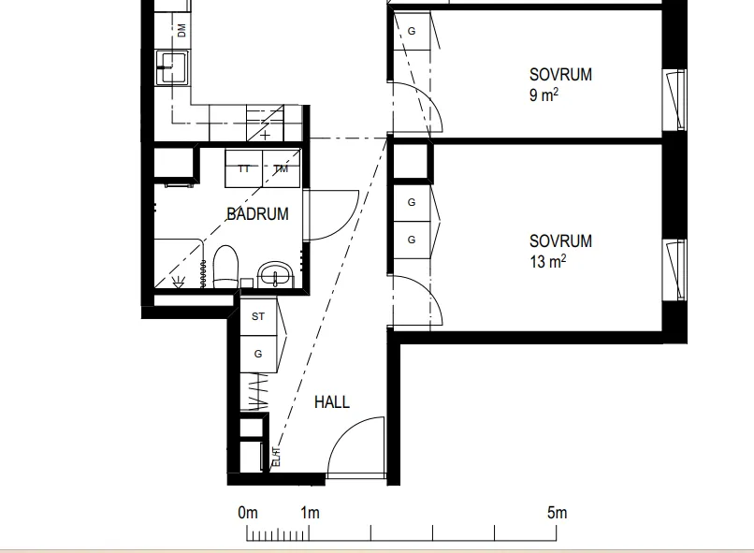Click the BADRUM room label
click(x=257, y=214)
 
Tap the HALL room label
click(x=332, y=402)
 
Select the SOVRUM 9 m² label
click(x=560, y=84)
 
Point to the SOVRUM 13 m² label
click(x=560, y=252)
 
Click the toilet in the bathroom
click(x=225, y=267)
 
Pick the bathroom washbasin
click(x=276, y=274)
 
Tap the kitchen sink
click(x=172, y=67)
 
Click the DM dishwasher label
click(x=181, y=31)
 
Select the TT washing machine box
click(x=244, y=168)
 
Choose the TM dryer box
click(x=282, y=168)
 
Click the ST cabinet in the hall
click(x=258, y=316)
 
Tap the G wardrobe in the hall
click(x=258, y=354)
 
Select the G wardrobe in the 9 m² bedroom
click(x=412, y=31)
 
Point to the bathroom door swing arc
click(x=344, y=226)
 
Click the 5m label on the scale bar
click(x=557, y=513)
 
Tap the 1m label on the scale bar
click(x=311, y=513)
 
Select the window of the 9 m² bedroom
click(x=674, y=100)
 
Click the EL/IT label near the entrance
click(x=276, y=457)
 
